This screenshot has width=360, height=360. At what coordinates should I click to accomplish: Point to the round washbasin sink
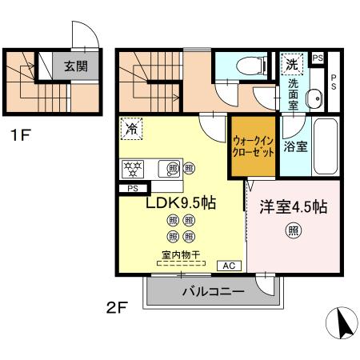tap(314, 98)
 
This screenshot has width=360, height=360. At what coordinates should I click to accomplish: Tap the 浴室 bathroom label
tap(296, 146)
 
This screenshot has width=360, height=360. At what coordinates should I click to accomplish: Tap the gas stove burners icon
tap(132, 168)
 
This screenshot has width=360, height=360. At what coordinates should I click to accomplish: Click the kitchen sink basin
tap(170, 168)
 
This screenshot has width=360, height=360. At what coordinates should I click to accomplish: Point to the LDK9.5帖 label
tap(180, 202)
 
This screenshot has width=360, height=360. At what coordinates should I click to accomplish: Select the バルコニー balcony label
tap(212, 292)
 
